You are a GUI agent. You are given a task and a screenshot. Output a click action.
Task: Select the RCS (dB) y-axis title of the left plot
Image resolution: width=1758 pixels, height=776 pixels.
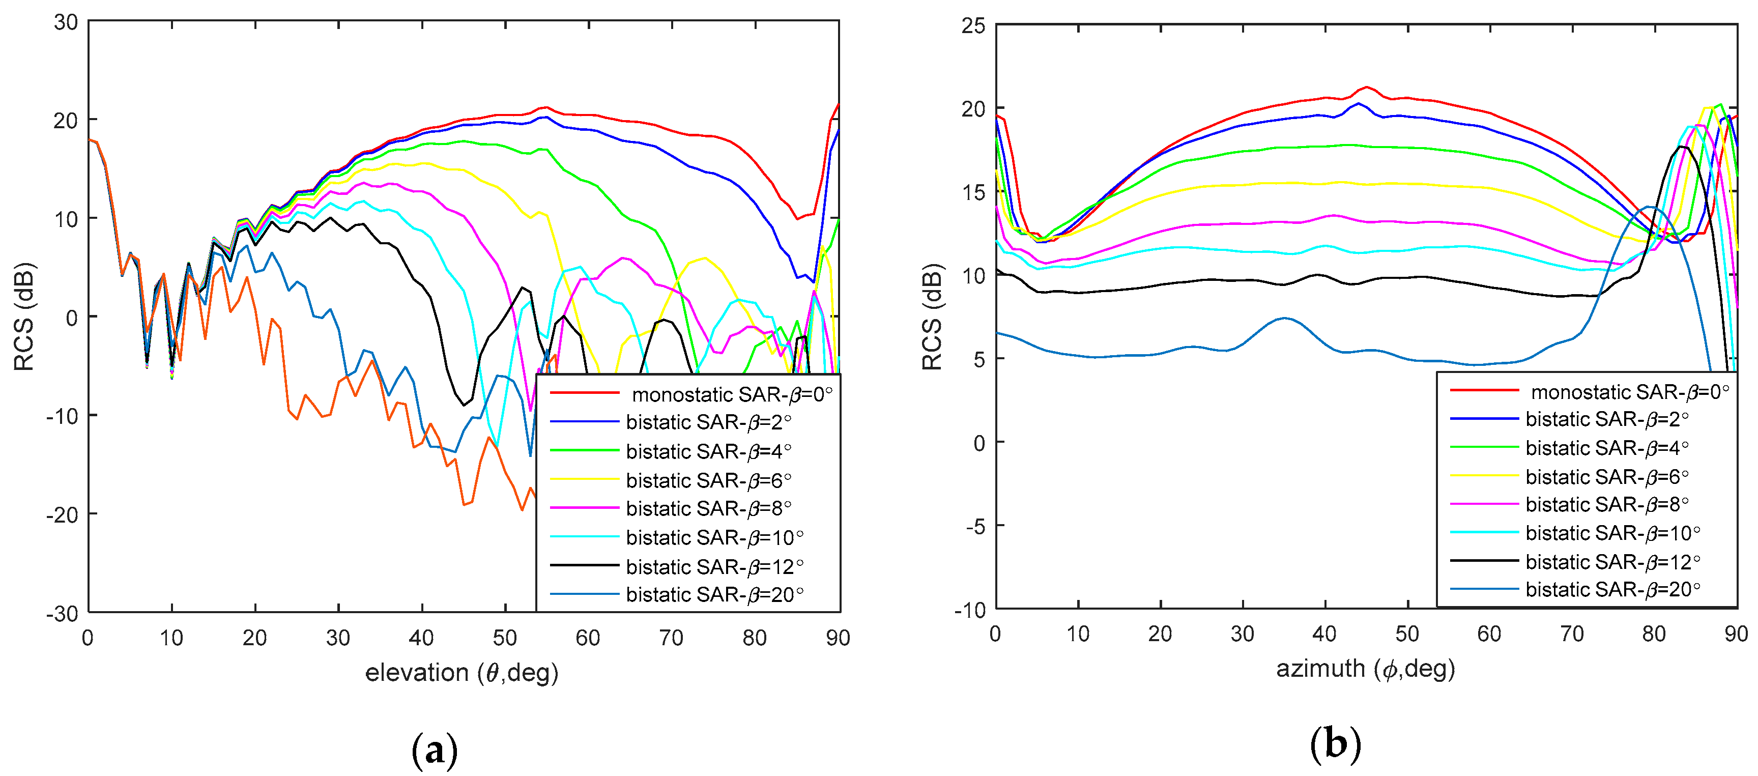point(24,317)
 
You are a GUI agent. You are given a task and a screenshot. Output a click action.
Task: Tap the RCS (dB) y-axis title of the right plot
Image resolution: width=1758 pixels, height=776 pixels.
point(932,317)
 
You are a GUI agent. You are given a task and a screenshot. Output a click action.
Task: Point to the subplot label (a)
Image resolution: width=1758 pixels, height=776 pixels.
point(435,750)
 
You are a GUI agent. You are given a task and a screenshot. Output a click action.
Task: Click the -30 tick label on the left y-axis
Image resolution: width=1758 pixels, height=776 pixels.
point(62,613)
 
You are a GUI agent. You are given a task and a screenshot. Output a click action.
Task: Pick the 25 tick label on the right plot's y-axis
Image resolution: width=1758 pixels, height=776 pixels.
point(974,26)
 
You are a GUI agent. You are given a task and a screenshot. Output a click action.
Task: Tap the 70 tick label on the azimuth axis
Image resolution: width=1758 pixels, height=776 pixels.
point(1572,634)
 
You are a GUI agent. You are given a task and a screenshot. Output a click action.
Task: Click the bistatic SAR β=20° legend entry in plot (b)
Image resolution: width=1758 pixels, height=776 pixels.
point(1612,589)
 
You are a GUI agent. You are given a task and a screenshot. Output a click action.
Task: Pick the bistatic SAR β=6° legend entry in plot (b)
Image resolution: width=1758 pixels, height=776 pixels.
point(1606,476)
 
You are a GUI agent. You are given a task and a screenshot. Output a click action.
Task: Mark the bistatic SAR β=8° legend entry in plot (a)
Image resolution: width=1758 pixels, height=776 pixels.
point(708,508)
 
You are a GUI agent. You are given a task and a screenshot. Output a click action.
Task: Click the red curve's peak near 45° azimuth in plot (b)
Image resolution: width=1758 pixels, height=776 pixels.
point(1366,88)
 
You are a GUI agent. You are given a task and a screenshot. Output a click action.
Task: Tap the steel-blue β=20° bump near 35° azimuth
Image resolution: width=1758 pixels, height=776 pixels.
point(1284,318)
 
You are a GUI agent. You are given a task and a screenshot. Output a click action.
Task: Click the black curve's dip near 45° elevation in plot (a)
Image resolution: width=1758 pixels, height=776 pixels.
point(464,405)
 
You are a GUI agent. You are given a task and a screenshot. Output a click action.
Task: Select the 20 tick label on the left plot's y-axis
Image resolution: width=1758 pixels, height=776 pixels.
point(66,121)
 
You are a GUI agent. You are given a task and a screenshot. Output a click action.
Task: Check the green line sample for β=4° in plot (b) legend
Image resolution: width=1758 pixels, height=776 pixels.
point(1484,447)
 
